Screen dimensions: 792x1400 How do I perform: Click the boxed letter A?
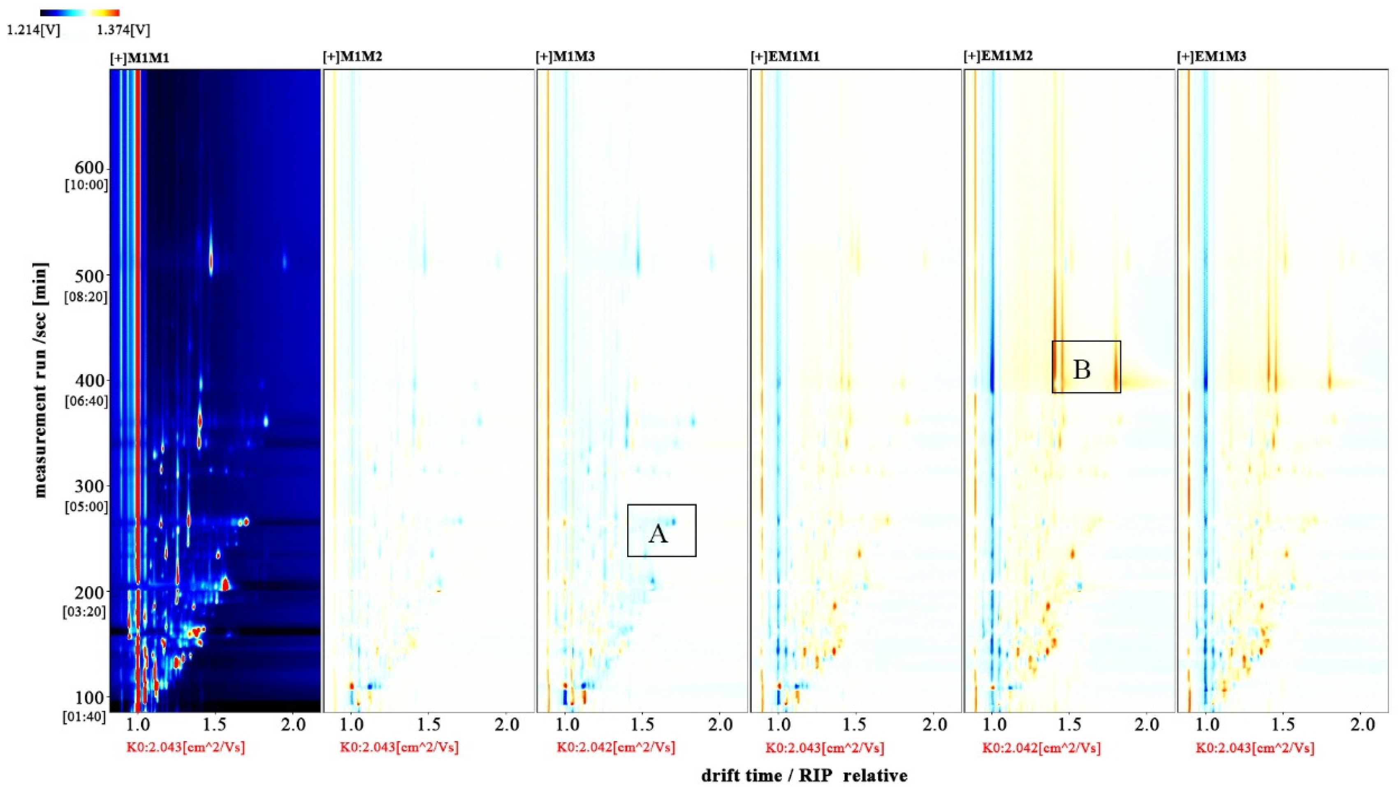coord(658,534)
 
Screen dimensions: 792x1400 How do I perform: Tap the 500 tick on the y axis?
coord(90,275)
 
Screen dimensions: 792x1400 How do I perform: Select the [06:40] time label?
coord(86,401)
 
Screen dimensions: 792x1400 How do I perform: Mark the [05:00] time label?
coord(86,507)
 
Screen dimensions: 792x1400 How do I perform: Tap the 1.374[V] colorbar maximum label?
coord(123,30)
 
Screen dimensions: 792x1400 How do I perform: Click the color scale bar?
coord(80,12)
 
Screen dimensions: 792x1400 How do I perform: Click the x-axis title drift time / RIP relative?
coord(804,775)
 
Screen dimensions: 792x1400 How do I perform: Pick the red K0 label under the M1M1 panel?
coord(185,748)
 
